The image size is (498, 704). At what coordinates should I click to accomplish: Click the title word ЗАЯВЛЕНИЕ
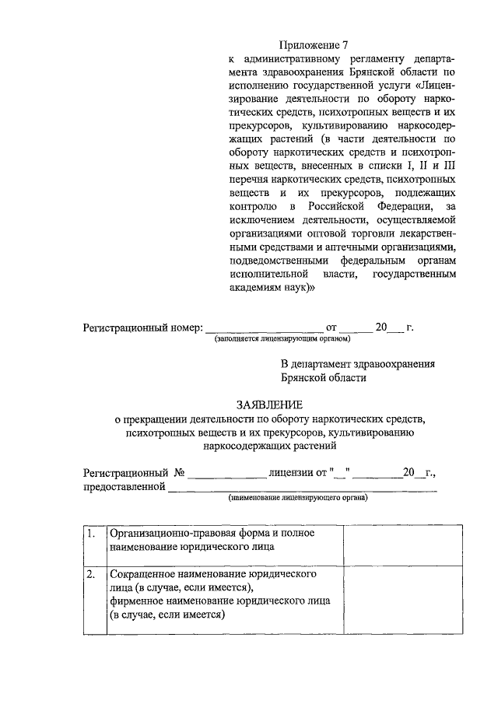tap(272, 405)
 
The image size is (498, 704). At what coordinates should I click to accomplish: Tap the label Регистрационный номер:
tap(143, 327)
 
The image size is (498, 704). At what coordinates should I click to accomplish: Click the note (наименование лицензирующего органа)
tap(298, 498)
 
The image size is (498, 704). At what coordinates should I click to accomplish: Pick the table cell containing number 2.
tap(92, 575)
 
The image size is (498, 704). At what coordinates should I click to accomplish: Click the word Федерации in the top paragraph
tap(389, 207)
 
